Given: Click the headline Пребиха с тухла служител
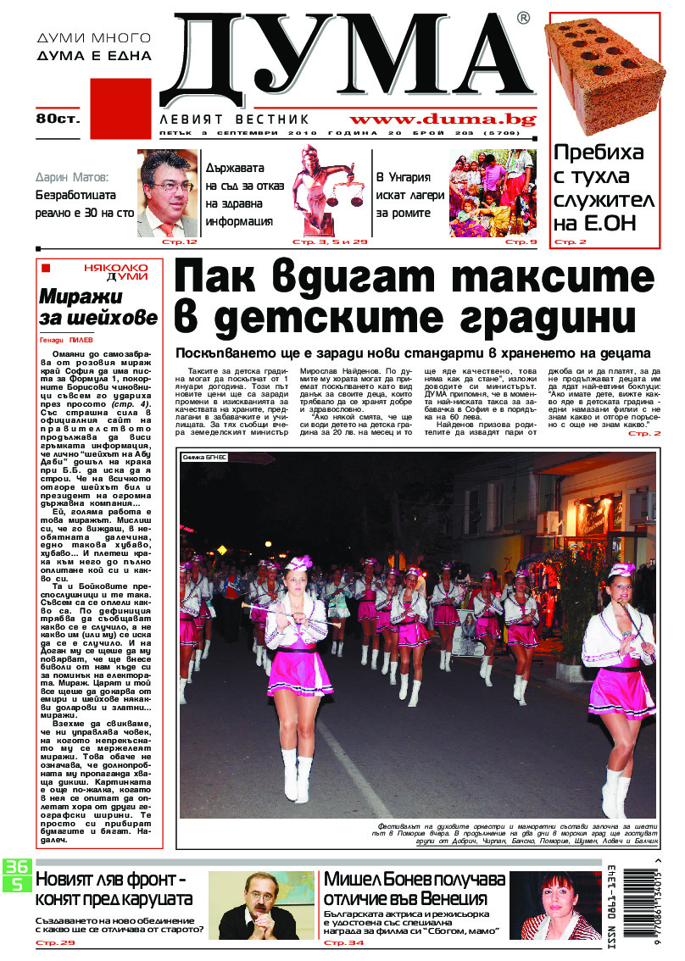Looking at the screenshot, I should [604, 187].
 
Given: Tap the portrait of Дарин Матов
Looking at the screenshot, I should [167, 192].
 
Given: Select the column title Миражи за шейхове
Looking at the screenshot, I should [97, 307].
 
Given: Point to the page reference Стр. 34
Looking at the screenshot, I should [344, 942].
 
